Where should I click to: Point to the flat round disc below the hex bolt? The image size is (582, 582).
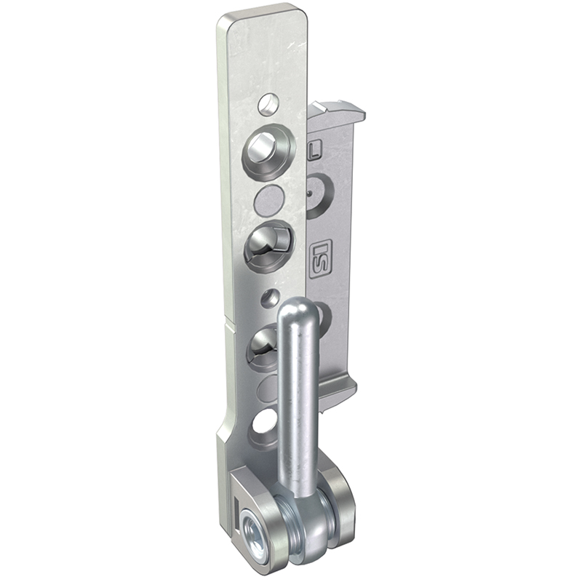(268, 201)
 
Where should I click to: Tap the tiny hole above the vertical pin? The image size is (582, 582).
(271, 297)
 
